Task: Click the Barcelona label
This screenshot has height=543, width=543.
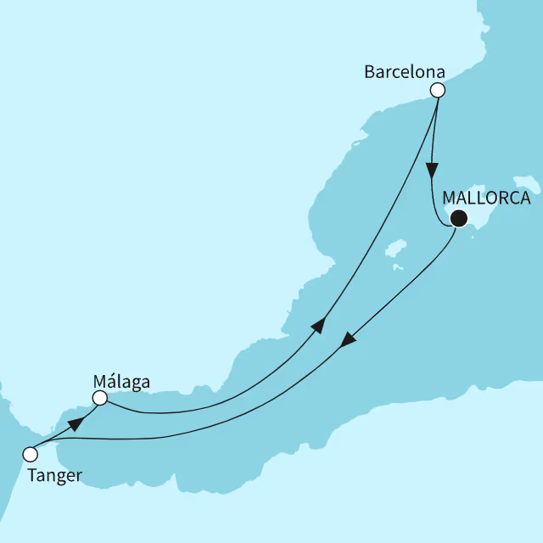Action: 405,72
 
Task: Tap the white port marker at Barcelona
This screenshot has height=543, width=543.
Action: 438,90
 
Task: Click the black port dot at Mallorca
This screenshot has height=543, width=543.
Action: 458,219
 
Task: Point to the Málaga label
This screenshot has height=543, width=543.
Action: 121,382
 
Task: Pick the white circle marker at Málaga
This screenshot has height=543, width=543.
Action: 100,397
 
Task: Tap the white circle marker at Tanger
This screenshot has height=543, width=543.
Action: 31,453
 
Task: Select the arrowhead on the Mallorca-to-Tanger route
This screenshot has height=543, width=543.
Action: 347,339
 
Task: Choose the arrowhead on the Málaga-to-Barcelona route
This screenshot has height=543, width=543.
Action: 319,326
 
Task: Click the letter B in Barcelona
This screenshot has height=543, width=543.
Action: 369,72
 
